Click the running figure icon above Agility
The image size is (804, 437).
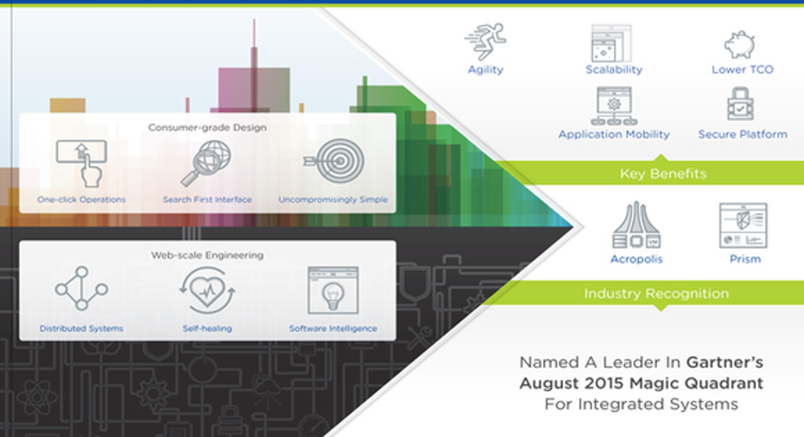tap(485, 41)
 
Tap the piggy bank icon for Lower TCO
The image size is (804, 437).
tap(739, 44)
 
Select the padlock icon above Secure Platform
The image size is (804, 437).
tap(740, 103)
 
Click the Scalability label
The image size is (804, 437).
tap(614, 69)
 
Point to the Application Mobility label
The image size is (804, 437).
tap(614, 135)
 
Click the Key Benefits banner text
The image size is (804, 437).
tap(663, 174)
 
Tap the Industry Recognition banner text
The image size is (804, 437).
tap(656, 294)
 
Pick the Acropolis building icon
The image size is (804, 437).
tap(636, 225)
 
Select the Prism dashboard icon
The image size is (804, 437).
tap(744, 225)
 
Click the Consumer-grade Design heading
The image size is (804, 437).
tap(207, 127)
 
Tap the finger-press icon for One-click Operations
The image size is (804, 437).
tap(81, 163)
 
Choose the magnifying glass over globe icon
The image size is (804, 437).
tap(206, 163)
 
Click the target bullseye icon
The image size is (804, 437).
tap(334, 161)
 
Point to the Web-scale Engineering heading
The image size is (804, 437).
tap(207, 255)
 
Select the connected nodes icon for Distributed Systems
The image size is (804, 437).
tap(81, 288)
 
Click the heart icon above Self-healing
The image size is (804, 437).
tap(207, 290)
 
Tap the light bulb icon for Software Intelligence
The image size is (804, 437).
tap(332, 290)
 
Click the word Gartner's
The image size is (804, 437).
tap(725, 362)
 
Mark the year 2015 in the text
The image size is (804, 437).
tap(602, 383)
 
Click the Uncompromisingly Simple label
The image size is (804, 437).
tap(332, 199)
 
